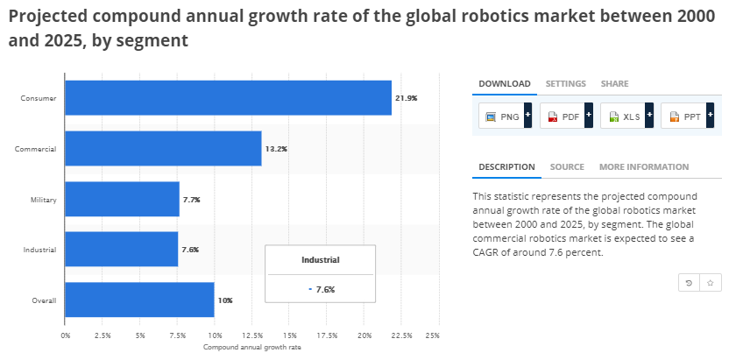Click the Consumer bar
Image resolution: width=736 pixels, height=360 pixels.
click(x=228, y=98)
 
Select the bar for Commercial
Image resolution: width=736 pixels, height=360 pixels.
click(x=163, y=149)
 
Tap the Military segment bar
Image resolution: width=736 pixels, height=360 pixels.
click(x=122, y=200)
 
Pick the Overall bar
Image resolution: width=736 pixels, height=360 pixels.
click(x=139, y=300)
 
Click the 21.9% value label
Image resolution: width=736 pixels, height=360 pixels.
click(x=406, y=98)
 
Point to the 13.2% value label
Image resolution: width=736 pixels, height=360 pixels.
click(x=276, y=149)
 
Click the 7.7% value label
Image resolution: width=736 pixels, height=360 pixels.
click(x=192, y=200)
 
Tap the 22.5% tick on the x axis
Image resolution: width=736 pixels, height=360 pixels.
click(x=401, y=335)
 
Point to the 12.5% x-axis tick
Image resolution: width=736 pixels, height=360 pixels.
click(x=251, y=335)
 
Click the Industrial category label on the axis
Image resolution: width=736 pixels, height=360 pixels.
click(x=39, y=251)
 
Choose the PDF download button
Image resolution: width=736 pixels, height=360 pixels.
click(x=566, y=116)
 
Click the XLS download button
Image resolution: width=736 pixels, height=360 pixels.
click(x=626, y=116)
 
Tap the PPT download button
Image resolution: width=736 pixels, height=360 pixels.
click(x=688, y=116)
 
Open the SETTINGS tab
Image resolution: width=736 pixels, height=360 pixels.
click(x=565, y=83)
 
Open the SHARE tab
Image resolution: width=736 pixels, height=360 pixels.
click(x=614, y=83)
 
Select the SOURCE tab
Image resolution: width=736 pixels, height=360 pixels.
click(x=567, y=166)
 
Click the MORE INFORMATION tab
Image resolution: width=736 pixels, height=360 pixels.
click(x=644, y=166)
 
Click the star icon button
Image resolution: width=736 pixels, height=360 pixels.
click(x=711, y=282)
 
